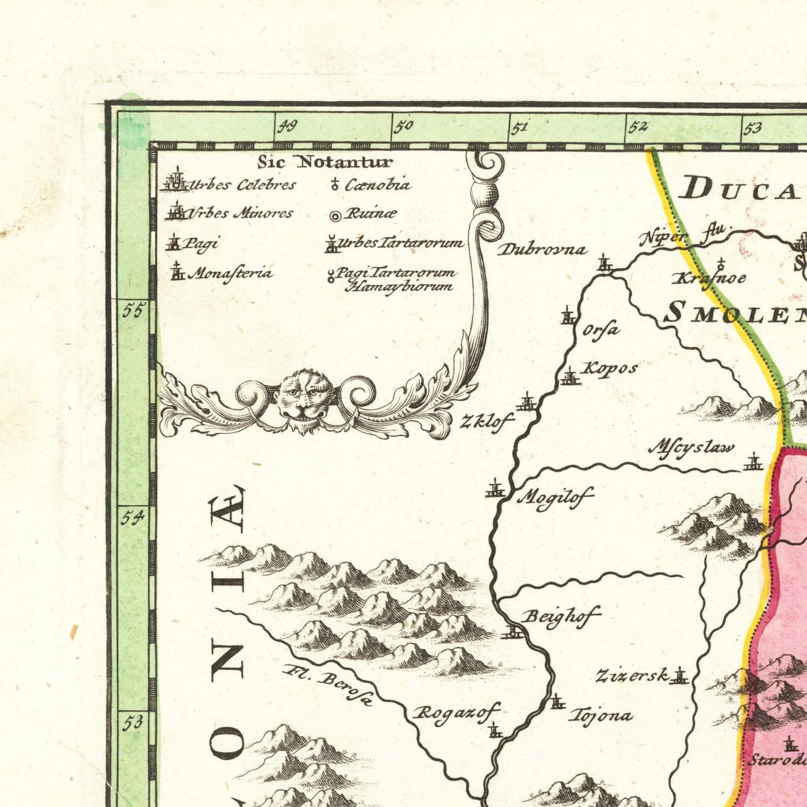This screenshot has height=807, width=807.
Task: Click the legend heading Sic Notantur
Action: (x=325, y=162)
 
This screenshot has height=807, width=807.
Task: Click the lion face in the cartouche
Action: (x=304, y=399)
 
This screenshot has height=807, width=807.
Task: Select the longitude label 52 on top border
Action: (x=638, y=127)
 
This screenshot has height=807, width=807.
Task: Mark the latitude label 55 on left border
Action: (x=133, y=310)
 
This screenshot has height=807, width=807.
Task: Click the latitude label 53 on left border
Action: (x=133, y=723)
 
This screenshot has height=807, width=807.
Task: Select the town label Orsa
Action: (x=601, y=330)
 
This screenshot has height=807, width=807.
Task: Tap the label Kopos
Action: (x=609, y=368)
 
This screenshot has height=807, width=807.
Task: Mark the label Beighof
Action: (x=561, y=616)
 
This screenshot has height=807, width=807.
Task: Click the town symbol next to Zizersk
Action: (x=680, y=676)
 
